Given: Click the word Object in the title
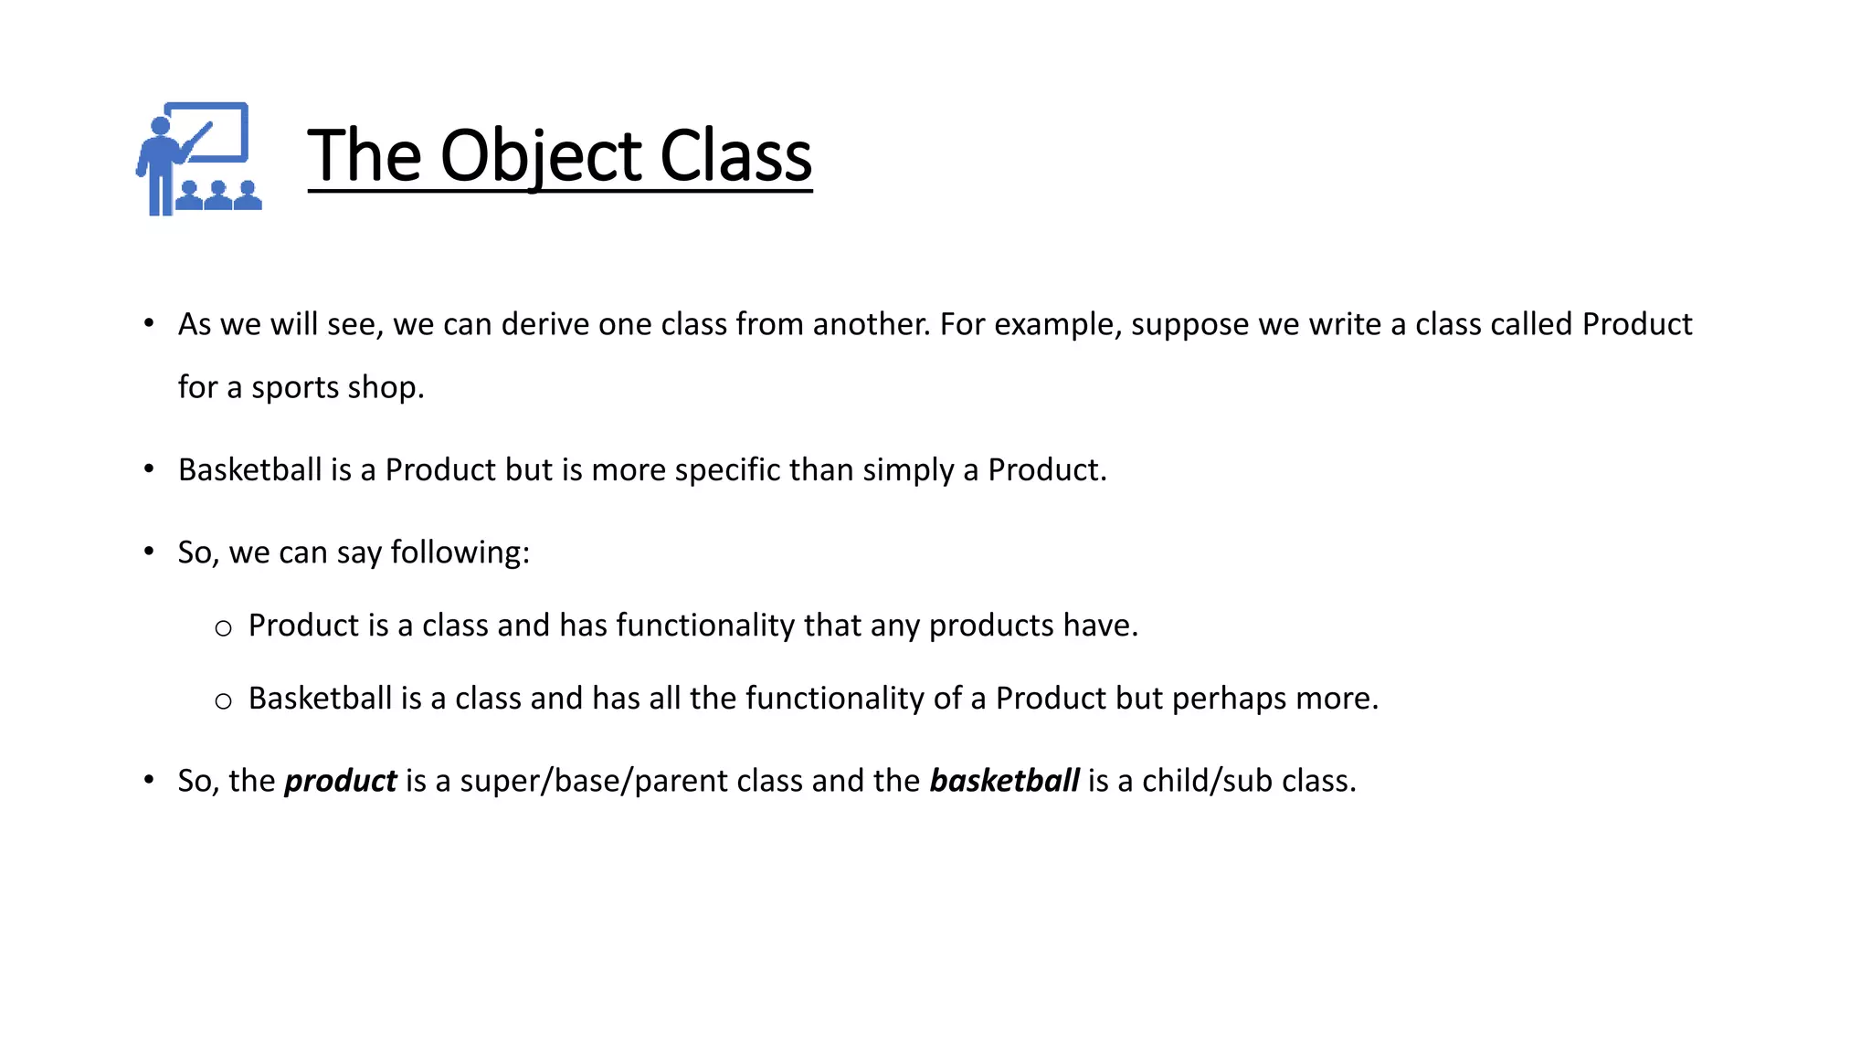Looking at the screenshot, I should point(542,156).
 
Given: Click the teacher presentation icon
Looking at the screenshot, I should point(199,159).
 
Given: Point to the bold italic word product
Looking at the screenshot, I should point(340,781).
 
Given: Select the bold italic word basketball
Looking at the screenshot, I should point(1004,781).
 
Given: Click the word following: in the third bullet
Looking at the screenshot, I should point(460,552).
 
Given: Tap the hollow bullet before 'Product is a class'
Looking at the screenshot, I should point(223,628).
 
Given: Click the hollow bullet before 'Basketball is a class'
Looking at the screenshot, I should point(223,701).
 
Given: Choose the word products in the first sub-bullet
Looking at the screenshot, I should point(991,626).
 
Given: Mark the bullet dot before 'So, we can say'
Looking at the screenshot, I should point(149,552).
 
